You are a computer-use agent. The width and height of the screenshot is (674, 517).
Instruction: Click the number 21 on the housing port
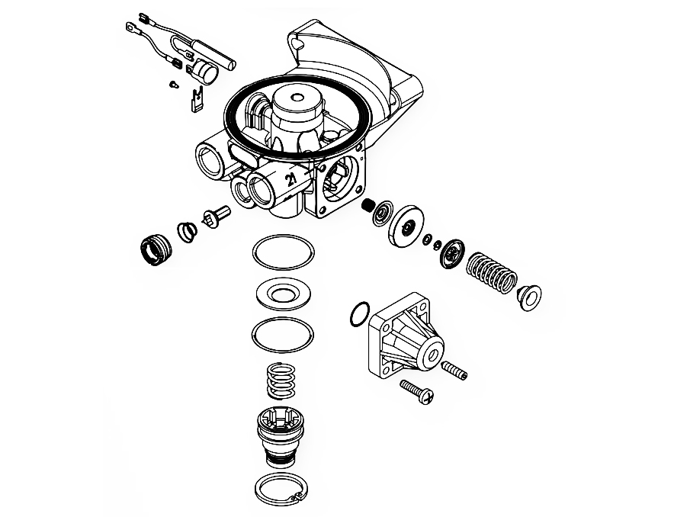(291, 178)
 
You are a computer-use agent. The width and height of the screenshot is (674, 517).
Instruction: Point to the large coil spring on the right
(491, 273)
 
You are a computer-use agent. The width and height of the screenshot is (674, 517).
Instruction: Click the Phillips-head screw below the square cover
(417, 391)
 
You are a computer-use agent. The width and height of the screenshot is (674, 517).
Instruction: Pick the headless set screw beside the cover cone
(454, 370)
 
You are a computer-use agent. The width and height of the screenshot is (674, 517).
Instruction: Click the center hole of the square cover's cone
(431, 355)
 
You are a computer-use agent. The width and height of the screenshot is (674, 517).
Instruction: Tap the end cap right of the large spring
(529, 297)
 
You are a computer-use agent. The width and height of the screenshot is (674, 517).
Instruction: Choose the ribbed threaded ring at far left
(156, 250)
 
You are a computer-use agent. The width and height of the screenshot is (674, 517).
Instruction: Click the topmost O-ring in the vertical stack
(254, 252)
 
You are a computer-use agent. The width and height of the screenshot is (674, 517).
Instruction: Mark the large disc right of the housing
(406, 226)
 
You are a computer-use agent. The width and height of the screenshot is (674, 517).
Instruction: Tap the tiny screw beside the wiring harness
(173, 84)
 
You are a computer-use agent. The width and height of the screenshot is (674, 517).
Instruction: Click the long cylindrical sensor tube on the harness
(213, 53)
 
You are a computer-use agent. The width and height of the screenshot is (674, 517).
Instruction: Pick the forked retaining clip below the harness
(196, 101)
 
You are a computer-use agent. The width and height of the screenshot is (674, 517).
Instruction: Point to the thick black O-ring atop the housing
(225, 116)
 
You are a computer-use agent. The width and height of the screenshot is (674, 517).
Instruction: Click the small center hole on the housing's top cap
(296, 97)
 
